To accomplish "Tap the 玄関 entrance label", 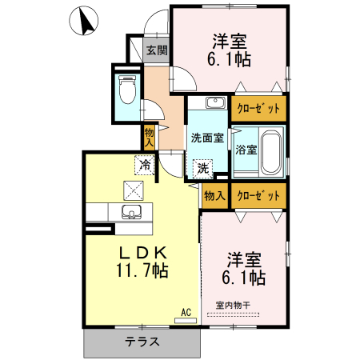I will [157, 50].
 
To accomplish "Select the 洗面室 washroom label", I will [207, 136].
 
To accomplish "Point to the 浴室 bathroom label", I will [246, 150].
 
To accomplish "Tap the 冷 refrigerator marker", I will [145, 165].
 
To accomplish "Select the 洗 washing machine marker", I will [203, 168].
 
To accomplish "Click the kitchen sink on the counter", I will [132, 212].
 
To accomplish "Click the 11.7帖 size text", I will [142, 271].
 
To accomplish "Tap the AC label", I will [186, 312].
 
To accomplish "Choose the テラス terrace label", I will [142, 342].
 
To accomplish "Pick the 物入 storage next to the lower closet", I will [214, 195].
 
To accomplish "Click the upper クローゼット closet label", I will [258, 107].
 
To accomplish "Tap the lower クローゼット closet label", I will [258, 195].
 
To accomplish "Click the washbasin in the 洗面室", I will [212, 103].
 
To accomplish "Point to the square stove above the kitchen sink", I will [132, 191].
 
